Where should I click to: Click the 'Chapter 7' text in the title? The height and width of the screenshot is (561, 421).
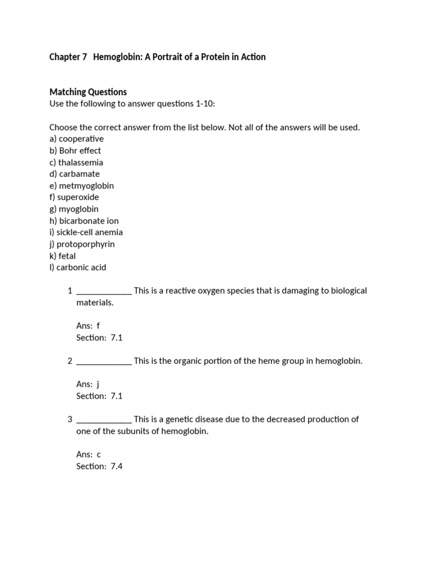(68, 57)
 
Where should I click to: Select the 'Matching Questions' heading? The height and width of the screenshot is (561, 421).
(88, 92)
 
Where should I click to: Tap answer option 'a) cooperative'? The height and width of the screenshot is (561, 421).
(76, 139)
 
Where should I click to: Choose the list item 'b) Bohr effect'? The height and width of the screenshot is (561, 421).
(75, 151)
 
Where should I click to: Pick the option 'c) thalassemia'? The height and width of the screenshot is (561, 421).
(76, 162)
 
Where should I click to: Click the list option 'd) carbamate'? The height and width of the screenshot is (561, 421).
(75, 174)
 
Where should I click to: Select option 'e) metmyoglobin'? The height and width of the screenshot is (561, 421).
(82, 186)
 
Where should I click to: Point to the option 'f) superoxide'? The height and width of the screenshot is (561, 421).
(74, 197)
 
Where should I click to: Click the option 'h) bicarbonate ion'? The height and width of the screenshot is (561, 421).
(84, 221)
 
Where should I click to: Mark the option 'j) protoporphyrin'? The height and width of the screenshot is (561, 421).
(82, 244)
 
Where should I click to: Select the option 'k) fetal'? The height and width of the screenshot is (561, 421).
(62, 256)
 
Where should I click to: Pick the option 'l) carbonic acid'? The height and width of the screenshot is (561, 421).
(78, 268)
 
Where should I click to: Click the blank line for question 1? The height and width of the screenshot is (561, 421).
(104, 291)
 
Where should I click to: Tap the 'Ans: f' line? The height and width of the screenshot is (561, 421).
(88, 326)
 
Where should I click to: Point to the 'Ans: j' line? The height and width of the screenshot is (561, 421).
(88, 385)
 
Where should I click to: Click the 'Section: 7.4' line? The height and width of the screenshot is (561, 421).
(99, 466)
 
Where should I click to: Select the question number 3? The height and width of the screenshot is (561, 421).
(70, 420)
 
